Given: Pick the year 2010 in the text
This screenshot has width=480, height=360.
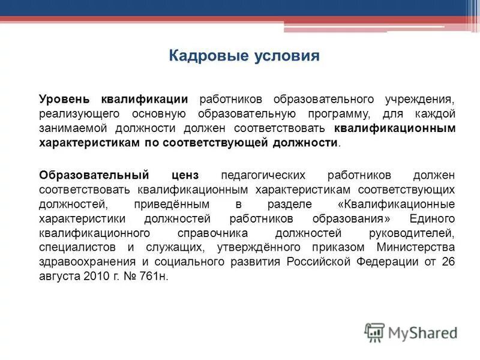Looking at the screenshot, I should (x=101, y=276).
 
